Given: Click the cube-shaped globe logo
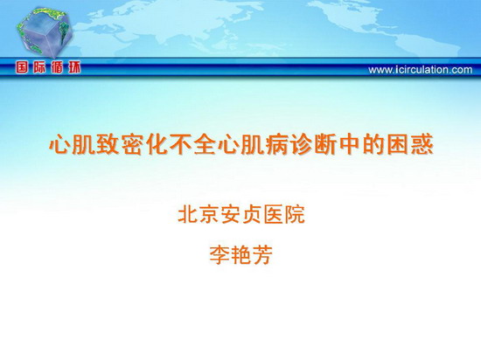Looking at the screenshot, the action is [x=45, y=32].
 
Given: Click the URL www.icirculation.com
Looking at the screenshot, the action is [x=421, y=70].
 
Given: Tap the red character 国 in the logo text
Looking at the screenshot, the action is [x=22, y=67].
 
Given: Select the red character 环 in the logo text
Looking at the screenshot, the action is [x=74, y=67].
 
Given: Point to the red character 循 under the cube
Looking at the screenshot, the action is [x=57, y=67].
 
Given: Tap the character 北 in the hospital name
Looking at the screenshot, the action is [x=188, y=214].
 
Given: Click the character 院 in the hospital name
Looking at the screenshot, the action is [x=295, y=214].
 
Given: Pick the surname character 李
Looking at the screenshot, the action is [x=220, y=255].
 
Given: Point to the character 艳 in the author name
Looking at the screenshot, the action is [x=241, y=255].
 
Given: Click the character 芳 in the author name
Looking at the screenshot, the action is [x=262, y=255].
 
